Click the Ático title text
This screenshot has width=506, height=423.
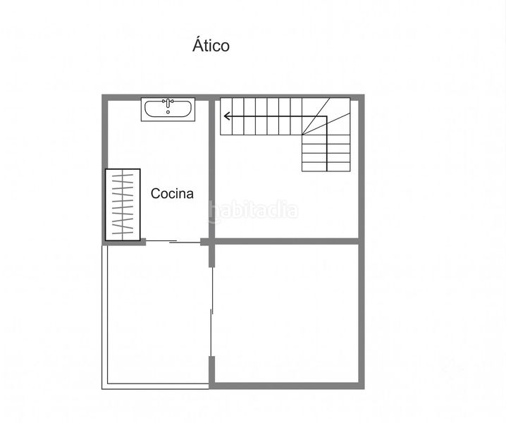pos(211,44)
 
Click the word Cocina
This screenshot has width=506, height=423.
pos(172,193)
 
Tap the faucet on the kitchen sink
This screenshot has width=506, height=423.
pos(168,103)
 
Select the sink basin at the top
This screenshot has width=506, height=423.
pos(168,109)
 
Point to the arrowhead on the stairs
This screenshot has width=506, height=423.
pos(227,116)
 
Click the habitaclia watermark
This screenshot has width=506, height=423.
pos(253,211)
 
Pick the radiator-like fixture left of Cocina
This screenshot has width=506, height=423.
pos(123,204)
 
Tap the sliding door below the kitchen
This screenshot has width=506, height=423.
pos(173,242)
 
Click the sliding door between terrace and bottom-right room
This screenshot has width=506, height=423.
pos(211,312)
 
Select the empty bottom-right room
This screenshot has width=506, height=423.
pos(287,313)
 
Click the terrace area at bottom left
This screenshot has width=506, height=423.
pos(158,315)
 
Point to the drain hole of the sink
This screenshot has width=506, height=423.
pos(168,112)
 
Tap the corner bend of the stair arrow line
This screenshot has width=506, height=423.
pos(326,116)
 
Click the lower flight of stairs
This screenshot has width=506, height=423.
pos(326,153)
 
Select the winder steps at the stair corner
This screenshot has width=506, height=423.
pos(326,116)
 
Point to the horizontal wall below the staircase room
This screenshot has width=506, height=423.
pos(287,242)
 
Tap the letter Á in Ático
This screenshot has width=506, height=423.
pos(197,44)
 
